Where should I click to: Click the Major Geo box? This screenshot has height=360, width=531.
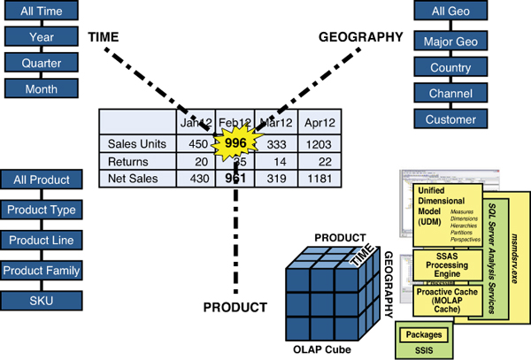pos(451,42)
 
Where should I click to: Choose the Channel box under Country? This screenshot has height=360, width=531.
pos(451,93)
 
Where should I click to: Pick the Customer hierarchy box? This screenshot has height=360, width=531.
pos(451,119)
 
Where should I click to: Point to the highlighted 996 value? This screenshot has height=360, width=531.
pos(235,143)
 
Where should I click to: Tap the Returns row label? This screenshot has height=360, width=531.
pos(127,161)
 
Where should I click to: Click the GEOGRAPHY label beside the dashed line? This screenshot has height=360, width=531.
pos(360,37)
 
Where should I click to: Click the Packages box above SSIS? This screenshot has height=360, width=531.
pos(424,335)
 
